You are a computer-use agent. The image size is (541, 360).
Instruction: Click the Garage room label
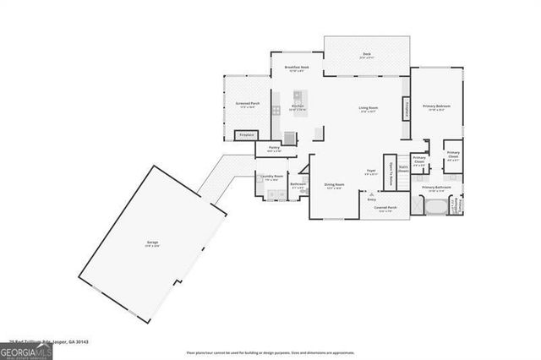tap(152, 243)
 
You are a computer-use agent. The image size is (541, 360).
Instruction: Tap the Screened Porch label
tap(247, 105)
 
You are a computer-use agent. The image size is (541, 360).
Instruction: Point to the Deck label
tap(367, 55)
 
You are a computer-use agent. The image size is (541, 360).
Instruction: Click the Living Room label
tap(368, 109)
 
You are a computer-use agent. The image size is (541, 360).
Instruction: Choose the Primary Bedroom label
tap(439, 106)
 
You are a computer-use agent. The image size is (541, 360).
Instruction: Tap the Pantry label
tap(274, 149)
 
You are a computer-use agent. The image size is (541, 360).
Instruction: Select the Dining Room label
tap(334, 185)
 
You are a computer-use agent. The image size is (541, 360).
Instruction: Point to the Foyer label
tap(370, 172)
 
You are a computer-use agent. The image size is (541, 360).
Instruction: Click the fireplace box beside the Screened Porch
tap(246, 134)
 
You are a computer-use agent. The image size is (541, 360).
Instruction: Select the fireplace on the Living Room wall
tap(407, 109)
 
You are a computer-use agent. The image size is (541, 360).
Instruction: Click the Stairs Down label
tap(402, 169)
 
